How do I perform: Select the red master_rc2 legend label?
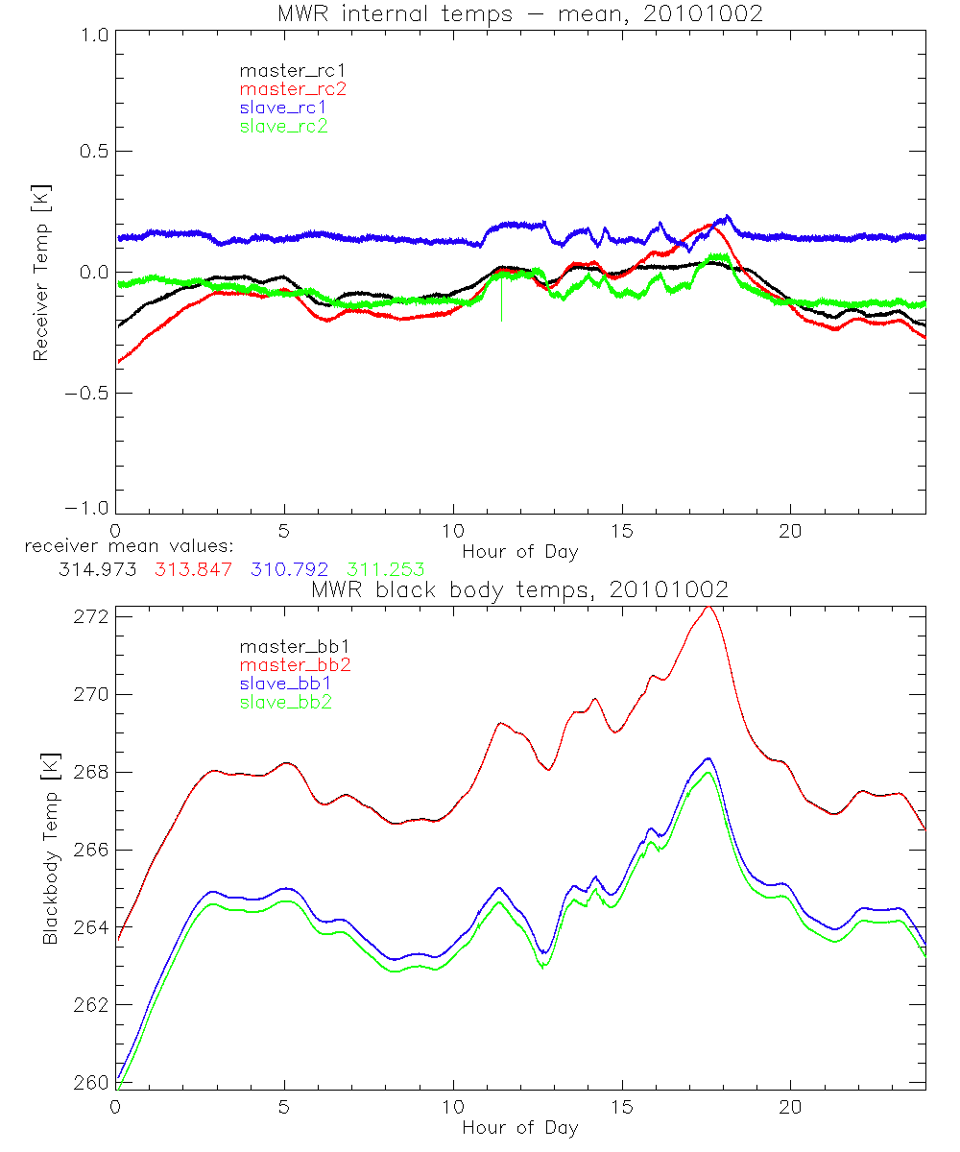[293, 88]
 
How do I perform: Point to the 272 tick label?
[92, 616]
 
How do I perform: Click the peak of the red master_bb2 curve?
[708, 608]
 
